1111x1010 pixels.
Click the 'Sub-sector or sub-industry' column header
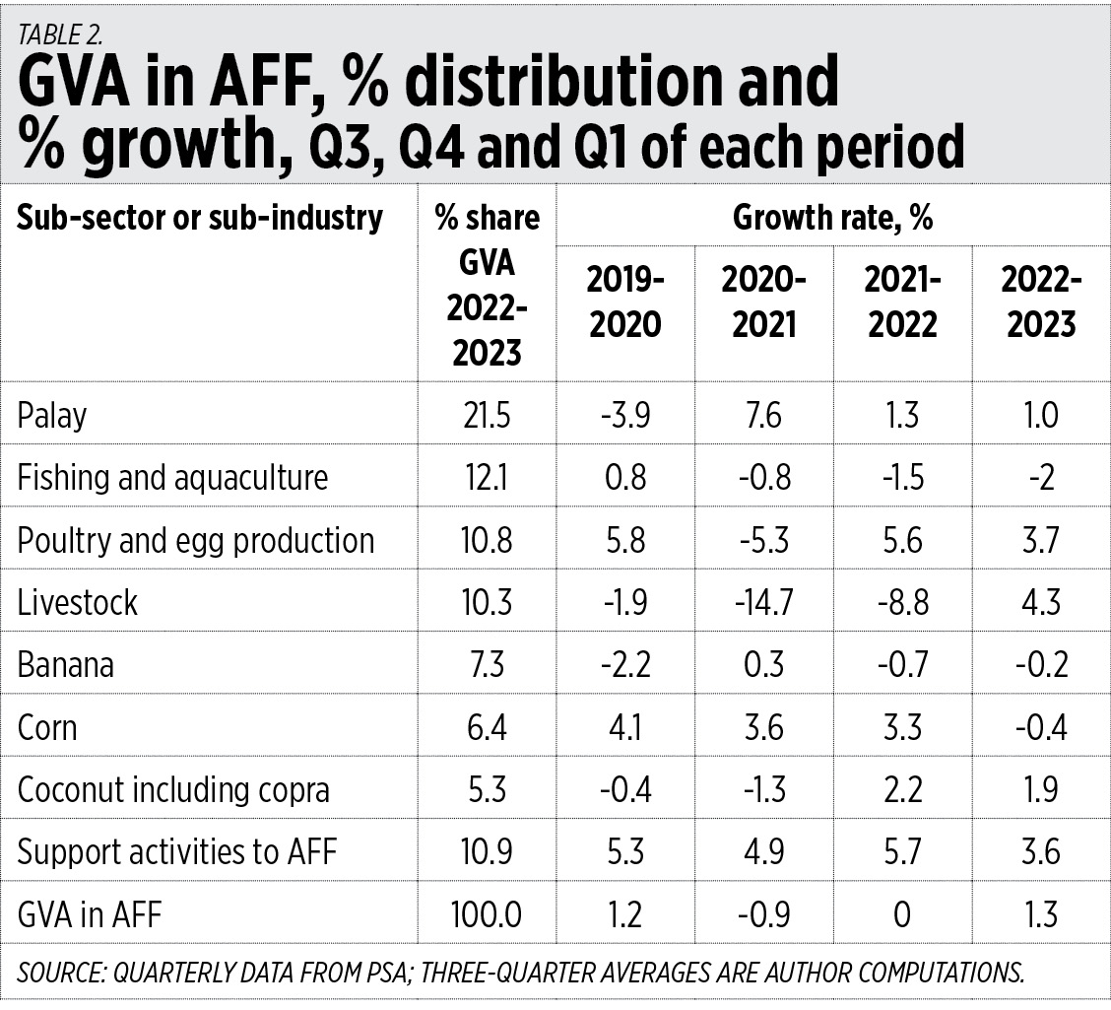pos(199,217)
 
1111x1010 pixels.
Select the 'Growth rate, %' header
pos(832,217)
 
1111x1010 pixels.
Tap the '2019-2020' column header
pos(625,302)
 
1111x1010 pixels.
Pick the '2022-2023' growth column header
pos(1041,302)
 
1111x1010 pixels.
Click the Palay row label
pos(52,416)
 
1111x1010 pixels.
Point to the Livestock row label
pos(78,602)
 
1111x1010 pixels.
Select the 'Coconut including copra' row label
pos(173,789)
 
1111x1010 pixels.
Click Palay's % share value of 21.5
pos(487,415)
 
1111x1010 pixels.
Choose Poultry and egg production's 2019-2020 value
pos(625,540)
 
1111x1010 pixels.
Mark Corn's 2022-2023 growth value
pos(1041,727)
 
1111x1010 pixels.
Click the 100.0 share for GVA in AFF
pos(487,914)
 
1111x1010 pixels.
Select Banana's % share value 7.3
pos(487,664)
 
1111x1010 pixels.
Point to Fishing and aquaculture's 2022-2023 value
pos(1041,478)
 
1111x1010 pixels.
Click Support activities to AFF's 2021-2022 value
pos(902,851)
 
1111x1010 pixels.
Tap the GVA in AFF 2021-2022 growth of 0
pos(902,914)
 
